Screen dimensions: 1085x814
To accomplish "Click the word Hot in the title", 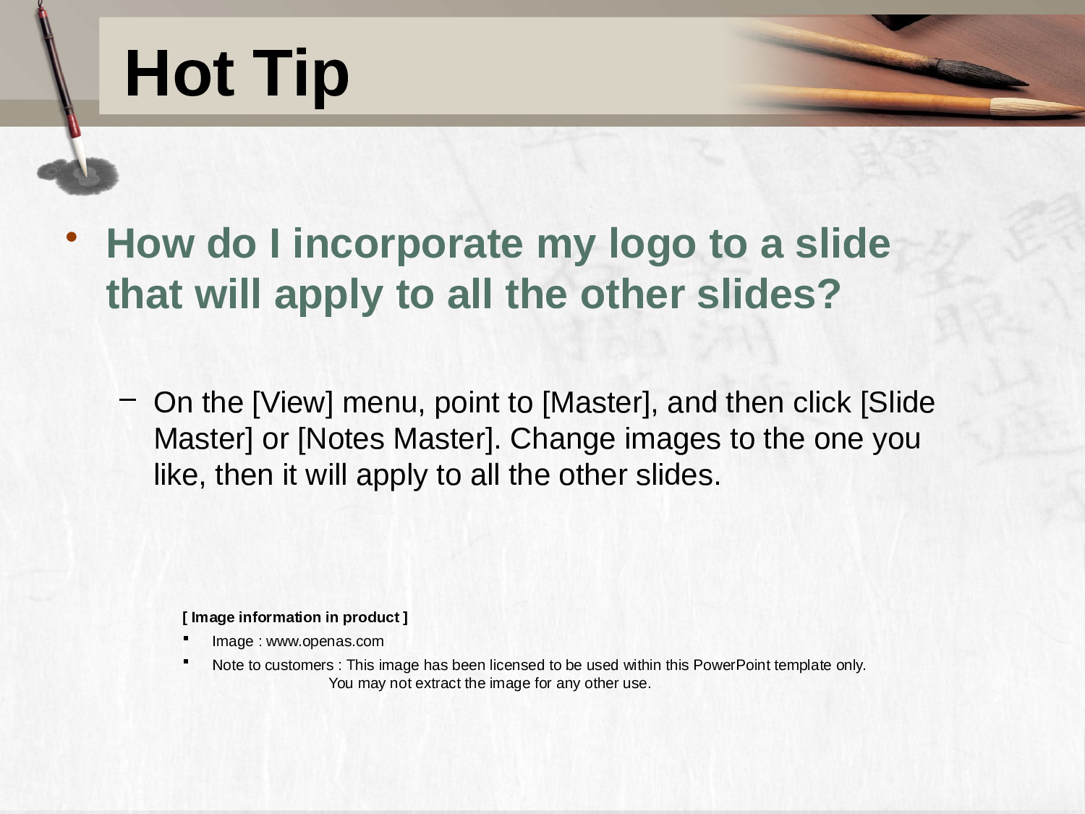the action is click(x=179, y=73).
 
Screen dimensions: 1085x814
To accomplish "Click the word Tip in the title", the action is click(x=301, y=77).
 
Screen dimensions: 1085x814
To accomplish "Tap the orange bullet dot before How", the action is click(x=71, y=237).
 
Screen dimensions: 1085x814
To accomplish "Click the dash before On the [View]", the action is click(x=128, y=399).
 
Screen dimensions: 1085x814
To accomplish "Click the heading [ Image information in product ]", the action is click(x=295, y=617).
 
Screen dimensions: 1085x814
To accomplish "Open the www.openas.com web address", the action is click(x=325, y=642).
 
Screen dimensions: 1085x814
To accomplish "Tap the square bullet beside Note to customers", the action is click(x=186, y=661).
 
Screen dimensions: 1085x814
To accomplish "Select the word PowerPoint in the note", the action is click(x=731, y=665).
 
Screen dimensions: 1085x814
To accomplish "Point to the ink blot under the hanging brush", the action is click(x=78, y=176).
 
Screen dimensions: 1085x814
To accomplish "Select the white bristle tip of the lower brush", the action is click(x=1038, y=107).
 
